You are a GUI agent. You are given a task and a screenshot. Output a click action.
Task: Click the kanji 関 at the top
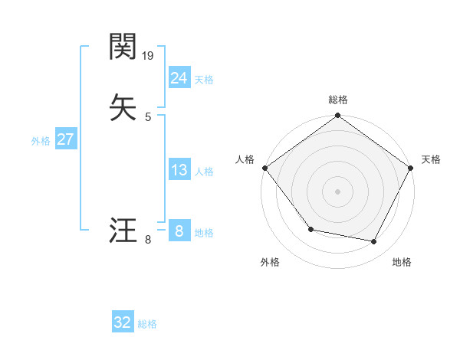(123, 47)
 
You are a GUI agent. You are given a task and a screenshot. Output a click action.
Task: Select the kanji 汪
(123, 230)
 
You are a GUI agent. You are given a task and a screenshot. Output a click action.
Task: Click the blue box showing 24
(179, 77)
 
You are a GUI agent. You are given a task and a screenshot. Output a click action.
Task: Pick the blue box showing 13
(179, 170)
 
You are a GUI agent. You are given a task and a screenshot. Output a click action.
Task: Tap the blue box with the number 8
(179, 230)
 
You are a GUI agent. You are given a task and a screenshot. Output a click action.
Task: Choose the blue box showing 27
(65, 139)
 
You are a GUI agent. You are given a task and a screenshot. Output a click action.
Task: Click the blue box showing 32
(123, 322)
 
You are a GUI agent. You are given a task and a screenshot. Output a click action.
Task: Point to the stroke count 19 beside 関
(149, 56)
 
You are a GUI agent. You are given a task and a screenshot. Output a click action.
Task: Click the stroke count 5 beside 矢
(148, 116)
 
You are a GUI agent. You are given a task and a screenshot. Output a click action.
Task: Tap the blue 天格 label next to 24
(204, 80)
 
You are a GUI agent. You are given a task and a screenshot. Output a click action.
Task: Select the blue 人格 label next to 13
(204, 172)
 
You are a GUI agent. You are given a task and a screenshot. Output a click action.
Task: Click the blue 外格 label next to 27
(41, 141)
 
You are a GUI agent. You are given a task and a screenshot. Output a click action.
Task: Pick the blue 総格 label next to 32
(147, 324)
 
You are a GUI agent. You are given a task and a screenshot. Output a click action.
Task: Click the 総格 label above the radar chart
(337, 100)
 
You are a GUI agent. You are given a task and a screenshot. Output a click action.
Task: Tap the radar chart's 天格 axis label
(431, 159)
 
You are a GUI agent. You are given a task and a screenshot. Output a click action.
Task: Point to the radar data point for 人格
(264, 168)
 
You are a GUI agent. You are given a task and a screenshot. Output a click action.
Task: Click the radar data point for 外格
(310, 229)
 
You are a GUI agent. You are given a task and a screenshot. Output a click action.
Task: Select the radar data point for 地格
(374, 242)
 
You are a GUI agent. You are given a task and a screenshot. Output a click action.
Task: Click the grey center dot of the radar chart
(337, 191)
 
